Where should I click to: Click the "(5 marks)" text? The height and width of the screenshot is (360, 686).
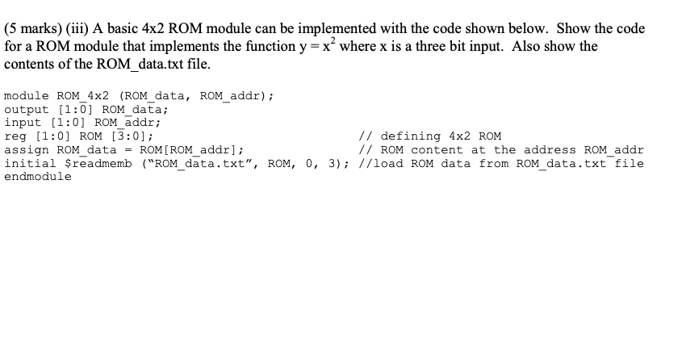coord(34,29)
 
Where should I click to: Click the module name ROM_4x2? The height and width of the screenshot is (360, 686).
coord(82,95)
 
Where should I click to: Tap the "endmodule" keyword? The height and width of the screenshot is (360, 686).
coord(38,178)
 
